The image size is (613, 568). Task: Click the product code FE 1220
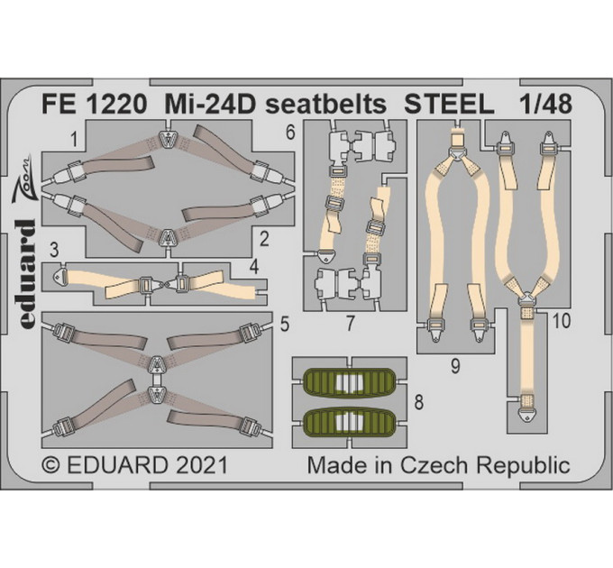[x=95, y=104]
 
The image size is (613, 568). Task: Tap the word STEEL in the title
[x=449, y=104]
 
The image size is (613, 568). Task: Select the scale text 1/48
[x=545, y=104]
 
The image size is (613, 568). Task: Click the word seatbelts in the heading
[x=326, y=104]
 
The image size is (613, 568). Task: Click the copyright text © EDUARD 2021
[x=134, y=465]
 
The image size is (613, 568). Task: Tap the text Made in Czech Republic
[x=438, y=466]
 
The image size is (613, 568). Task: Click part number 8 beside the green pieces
[x=418, y=402]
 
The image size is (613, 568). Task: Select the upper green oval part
[x=350, y=380]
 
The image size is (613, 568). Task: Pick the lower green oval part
[x=350, y=421]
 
